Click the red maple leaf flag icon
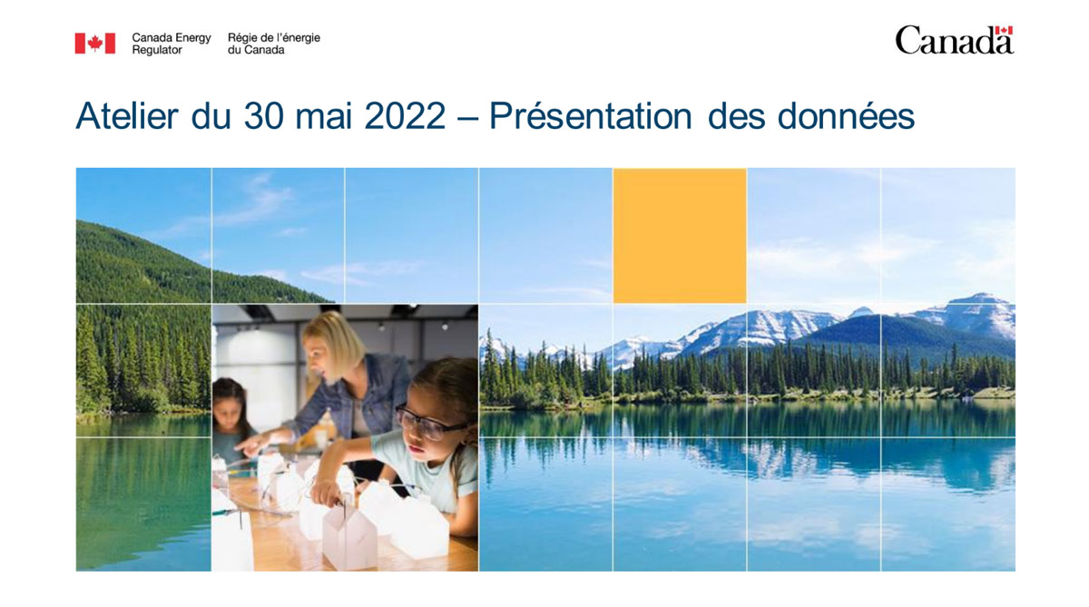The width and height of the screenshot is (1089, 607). [x=94, y=44]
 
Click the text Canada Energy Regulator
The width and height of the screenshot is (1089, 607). [x=171, y=44]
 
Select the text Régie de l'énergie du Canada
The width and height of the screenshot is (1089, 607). [x=273, y=44]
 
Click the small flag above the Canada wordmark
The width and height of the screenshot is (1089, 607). [x=1003, y=32]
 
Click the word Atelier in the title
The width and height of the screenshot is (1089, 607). [x=126, y=117]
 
